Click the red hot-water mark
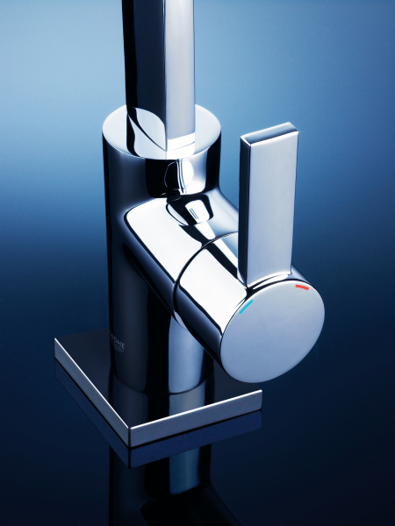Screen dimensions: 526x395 302,288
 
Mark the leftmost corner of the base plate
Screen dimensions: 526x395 55,343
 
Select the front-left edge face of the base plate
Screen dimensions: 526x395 92,394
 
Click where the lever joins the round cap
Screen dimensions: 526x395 272,282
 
